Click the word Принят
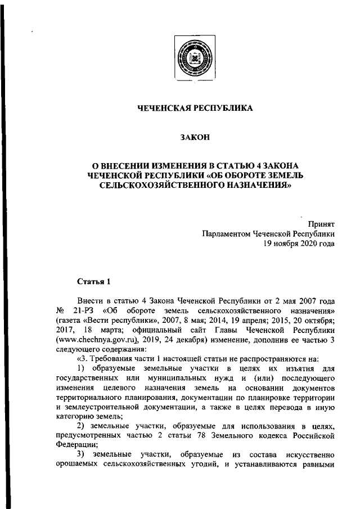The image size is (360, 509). [322, 224]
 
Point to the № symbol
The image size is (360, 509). [62, 310]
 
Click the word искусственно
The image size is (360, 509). [308, 454]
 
